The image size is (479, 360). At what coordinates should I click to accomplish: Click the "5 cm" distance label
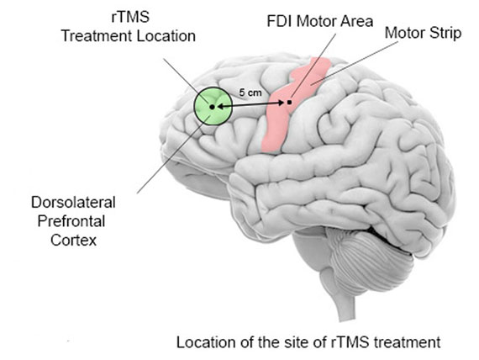[x=250, y=92]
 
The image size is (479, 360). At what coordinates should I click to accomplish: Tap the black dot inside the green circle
[x=212, y=107]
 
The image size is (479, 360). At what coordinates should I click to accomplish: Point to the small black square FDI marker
[x=289, y=102]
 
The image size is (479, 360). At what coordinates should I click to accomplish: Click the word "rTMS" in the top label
[x=130, y=17]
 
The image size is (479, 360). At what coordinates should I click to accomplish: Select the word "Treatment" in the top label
[x=97, y=36]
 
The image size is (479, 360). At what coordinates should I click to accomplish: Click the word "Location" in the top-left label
[x=166, y=36]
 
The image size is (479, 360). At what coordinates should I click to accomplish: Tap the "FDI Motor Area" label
[x=320, y=21]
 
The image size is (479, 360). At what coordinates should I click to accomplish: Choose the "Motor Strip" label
[x=423, y=33]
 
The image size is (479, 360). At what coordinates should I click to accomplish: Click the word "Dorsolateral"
[x=73, y=203]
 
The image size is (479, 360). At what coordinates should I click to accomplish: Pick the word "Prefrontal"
[x=71, y=221]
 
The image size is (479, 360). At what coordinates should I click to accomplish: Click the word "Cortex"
[x=73, y=240]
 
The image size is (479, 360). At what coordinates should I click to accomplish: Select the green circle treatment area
[x=213, y=106]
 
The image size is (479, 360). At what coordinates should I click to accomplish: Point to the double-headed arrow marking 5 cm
[x=251, y=105]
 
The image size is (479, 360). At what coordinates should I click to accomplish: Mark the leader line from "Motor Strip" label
[x=355, y=63]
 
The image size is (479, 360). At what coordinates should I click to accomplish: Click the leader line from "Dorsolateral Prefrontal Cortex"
[x=173, y=155]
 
